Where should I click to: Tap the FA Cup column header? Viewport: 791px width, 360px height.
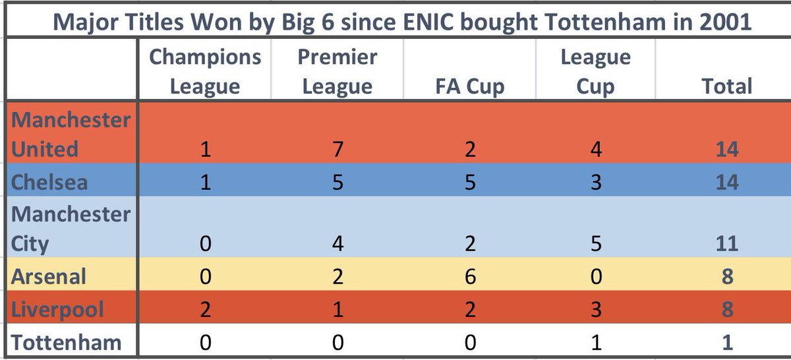(469, 86)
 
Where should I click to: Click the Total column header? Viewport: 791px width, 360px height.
(727, 86)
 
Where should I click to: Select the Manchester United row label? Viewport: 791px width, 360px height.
(71, 135)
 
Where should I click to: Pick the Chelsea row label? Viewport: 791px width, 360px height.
(49, 182)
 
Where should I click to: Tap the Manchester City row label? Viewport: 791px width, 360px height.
(71, 229)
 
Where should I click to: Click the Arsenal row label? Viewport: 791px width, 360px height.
(48, 276)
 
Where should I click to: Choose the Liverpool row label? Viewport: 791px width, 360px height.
(57, 310)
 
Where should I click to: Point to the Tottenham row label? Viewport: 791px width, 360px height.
(66, 342)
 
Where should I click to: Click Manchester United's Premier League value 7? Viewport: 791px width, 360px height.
(338, 149)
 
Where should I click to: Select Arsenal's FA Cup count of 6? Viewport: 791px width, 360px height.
(470, 276)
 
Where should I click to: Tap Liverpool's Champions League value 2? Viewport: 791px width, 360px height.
(205, 309)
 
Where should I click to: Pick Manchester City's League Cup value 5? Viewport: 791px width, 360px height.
(596, 244)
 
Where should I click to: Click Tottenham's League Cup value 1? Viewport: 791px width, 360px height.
(596, 343)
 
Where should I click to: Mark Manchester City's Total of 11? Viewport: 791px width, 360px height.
(727, 244)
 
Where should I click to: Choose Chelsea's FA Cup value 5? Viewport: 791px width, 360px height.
(470, 183)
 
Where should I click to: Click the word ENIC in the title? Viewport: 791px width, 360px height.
(428, 22)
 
